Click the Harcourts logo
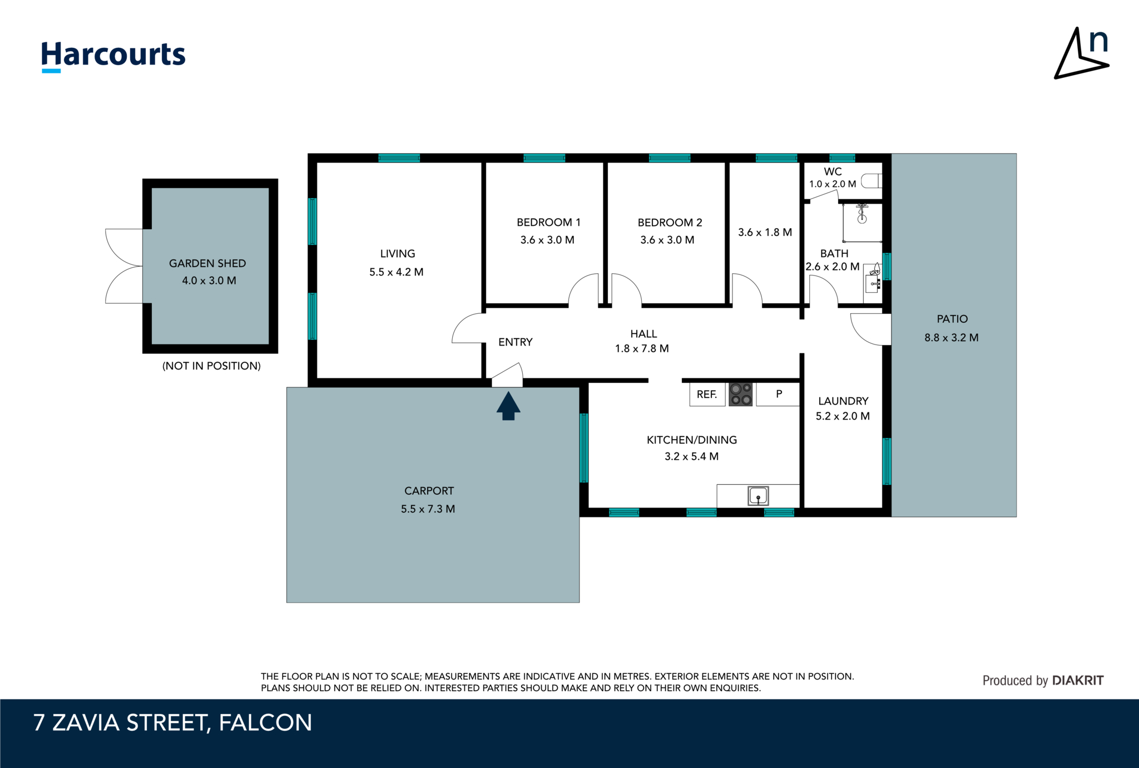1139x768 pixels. point(113,56)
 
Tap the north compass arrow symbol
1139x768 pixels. point(1081,53)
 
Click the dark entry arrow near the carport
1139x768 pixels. point(508,406)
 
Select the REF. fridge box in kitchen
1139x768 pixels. point(707,395)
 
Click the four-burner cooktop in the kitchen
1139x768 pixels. point(741,395)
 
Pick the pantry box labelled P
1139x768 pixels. point(778,395)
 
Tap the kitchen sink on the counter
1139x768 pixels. point(758,496)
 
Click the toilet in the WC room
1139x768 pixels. point(871,181)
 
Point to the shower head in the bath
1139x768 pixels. point(862,211)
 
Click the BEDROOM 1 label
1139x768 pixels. point(548,223)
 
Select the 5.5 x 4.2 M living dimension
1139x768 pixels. point(397,272)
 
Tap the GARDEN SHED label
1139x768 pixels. point(207,263)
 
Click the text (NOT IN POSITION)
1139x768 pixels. point(211,366)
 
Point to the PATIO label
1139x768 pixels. point(952,319)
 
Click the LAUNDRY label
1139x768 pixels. point(843,401)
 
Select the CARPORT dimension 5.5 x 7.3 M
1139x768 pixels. point(428,509)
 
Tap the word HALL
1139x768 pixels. point(643,334)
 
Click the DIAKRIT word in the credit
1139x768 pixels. point(1078,681)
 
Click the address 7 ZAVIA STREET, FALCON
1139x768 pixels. point(173,723)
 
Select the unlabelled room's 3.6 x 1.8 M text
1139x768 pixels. point(765,233)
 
